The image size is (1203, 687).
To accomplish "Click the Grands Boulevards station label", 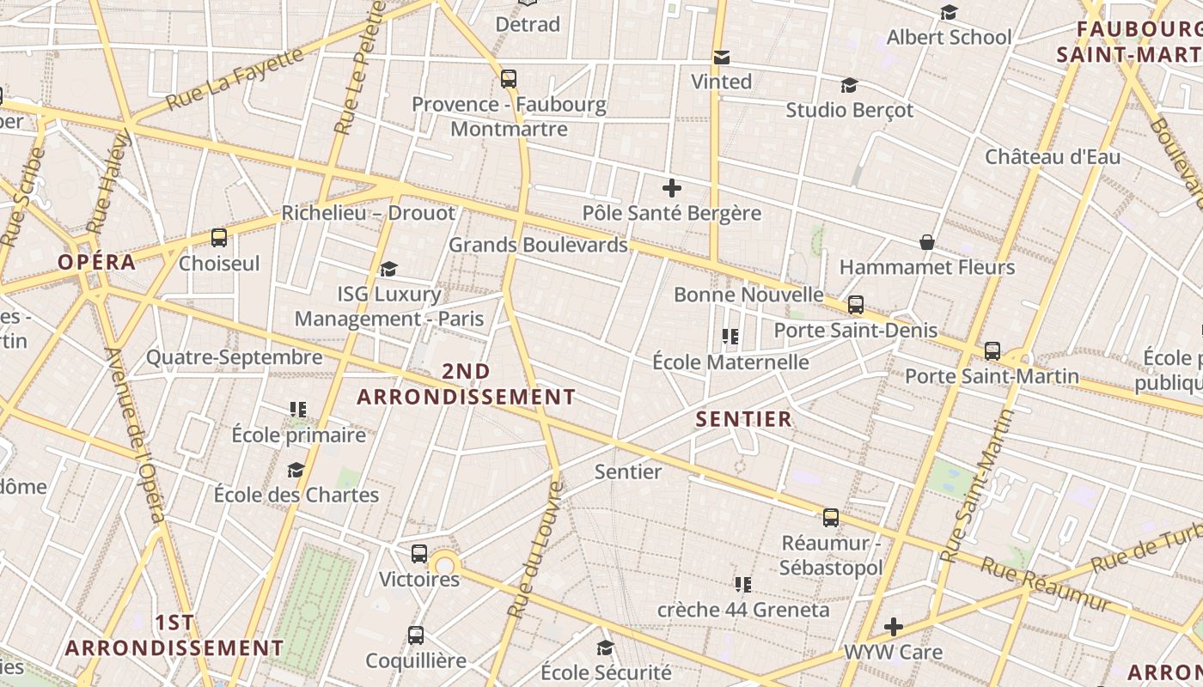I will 538,245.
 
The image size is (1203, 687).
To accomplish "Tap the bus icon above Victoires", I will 419,554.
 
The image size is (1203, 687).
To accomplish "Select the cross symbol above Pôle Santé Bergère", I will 672,187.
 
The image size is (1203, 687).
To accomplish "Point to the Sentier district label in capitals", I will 743,419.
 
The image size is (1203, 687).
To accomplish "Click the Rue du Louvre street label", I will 534,550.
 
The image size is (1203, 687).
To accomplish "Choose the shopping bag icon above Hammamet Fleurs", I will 927,242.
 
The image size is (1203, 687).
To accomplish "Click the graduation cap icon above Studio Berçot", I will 849,85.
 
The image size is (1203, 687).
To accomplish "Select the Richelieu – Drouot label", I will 368,212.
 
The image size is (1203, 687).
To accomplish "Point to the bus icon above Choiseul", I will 219,238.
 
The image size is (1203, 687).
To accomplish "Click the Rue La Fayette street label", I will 235,78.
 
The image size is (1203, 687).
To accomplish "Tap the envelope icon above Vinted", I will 722,58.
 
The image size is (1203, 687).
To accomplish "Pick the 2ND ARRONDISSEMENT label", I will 466,384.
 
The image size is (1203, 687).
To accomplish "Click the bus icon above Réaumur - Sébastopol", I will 831,518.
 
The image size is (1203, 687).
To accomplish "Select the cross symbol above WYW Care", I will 894,627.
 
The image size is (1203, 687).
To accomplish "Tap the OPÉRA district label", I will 97,262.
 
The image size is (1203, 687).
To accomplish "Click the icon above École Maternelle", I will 730,336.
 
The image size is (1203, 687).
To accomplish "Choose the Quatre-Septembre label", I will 234,357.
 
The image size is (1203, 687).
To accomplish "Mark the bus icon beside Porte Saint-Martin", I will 992,350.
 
